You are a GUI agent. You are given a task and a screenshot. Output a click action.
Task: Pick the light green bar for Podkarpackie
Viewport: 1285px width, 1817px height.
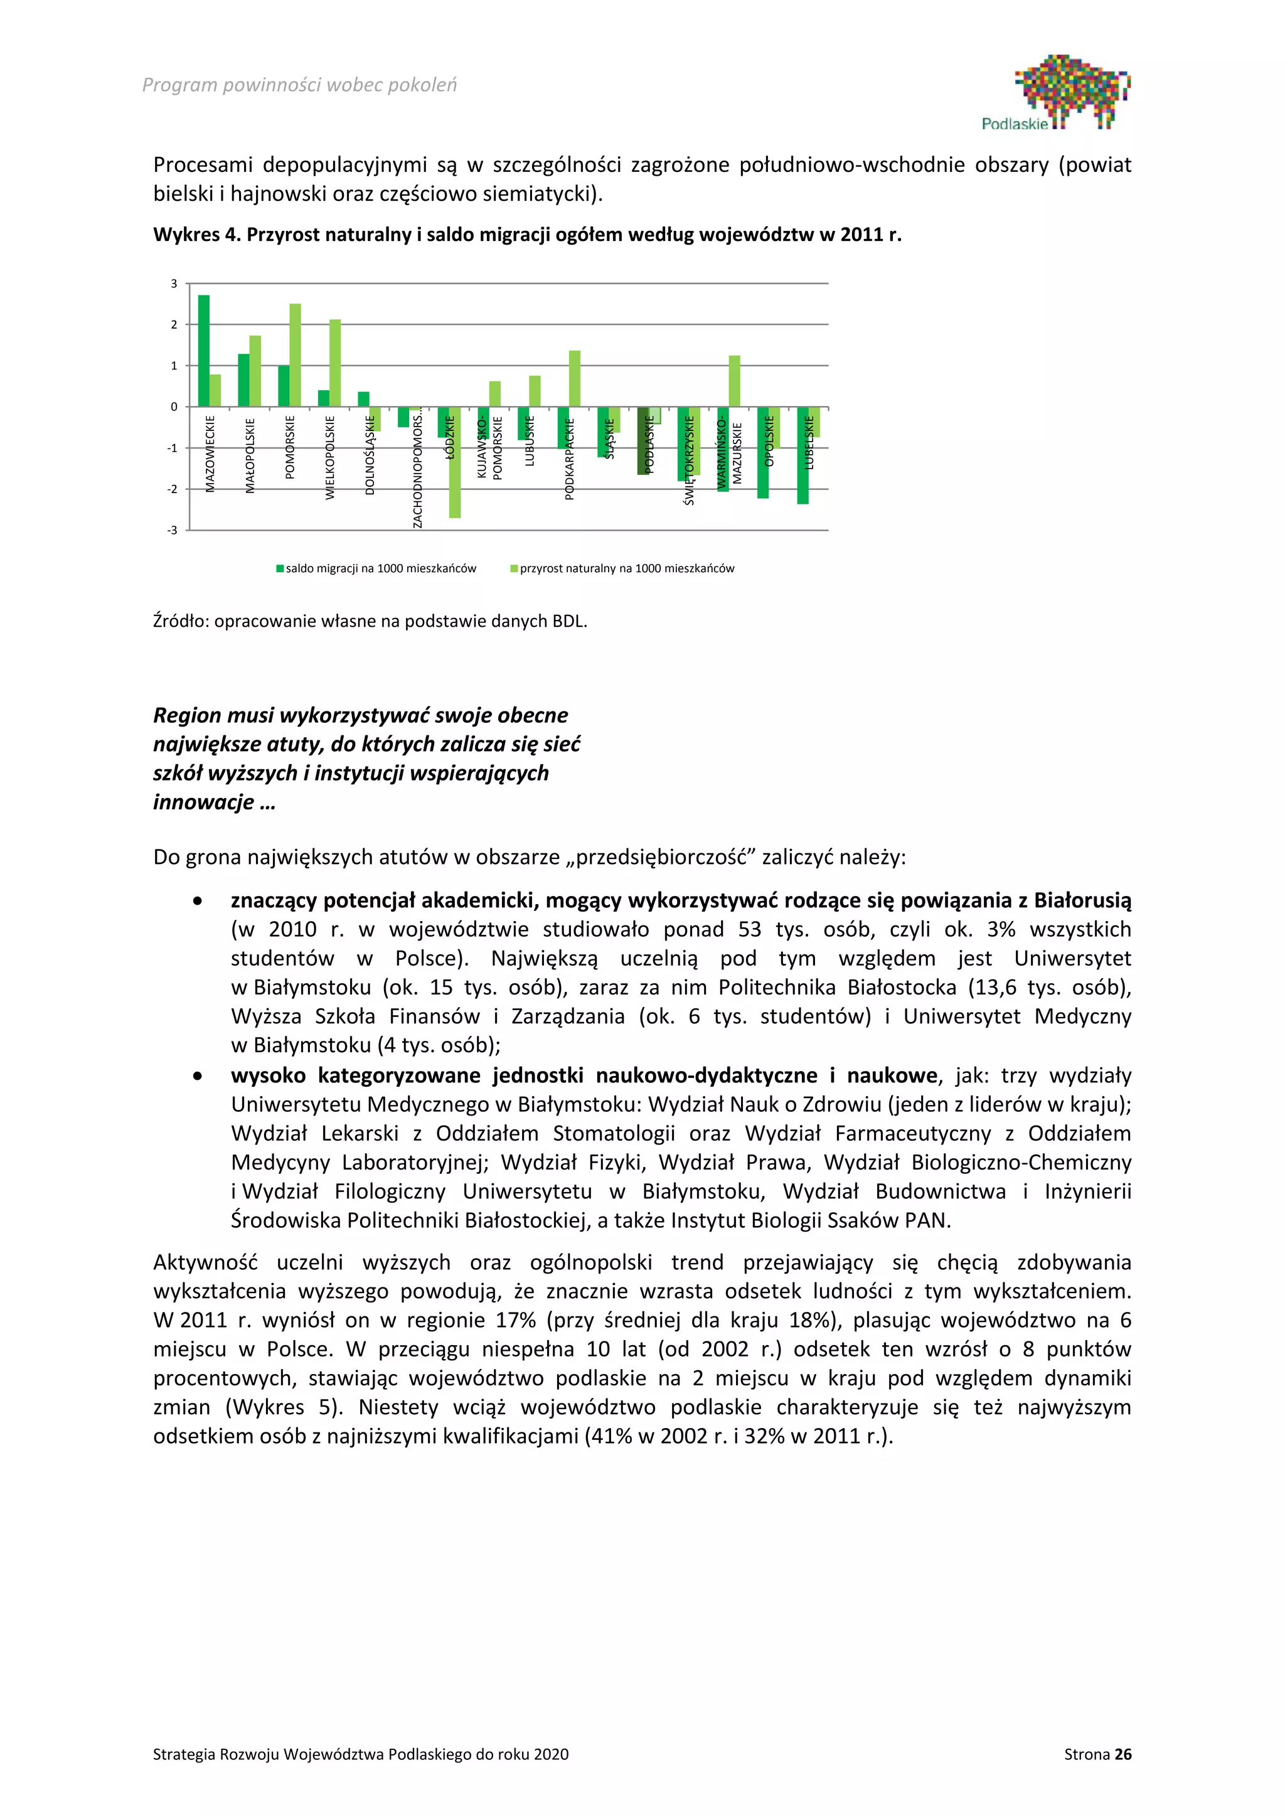(575, 378)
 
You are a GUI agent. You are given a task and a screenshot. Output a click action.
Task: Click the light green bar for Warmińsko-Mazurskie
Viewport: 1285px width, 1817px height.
(734, 381)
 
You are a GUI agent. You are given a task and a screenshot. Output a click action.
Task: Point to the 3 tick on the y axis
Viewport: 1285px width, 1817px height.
(174, 284)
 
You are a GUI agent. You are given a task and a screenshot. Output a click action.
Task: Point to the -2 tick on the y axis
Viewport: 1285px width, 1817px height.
(173, 489)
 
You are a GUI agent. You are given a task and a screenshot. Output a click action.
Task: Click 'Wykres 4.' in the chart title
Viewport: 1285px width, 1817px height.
(197, 235)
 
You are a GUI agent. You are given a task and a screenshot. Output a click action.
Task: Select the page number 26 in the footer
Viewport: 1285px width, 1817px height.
(1122, 1754)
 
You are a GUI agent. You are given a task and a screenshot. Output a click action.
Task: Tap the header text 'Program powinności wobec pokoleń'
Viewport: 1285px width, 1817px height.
(299, 85)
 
